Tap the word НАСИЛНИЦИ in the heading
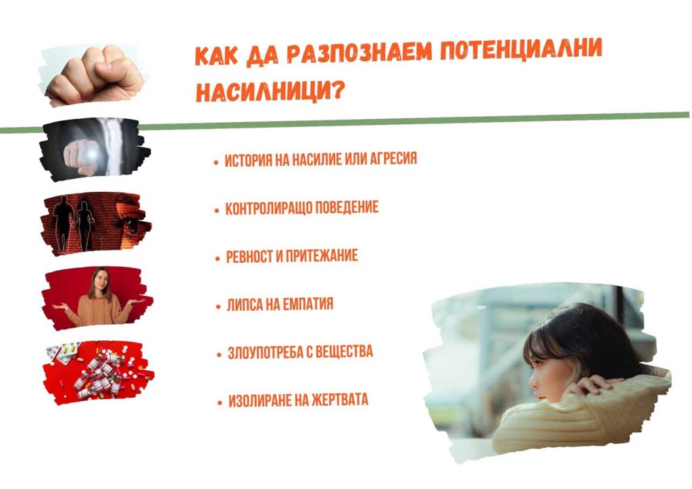click(x=263, y=91)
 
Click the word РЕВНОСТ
click(x=249, y=257)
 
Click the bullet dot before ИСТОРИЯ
click(x=216, y=163)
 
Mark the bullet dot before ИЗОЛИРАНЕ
click(x=220, y=403)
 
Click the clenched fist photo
click(x=94, y=74)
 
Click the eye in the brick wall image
click(x=131, y=225)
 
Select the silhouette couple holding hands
click(x=73, y=223)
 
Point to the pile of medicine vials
click(x=100, y=374)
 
